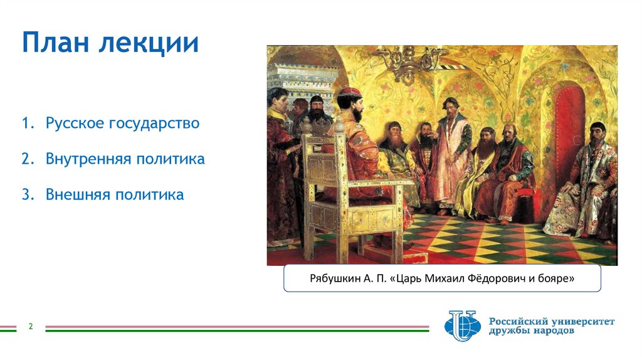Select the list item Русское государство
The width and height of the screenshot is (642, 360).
[122, 123]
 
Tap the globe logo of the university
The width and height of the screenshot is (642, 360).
[462, 326]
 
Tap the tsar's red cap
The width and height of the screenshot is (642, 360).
[350, 92]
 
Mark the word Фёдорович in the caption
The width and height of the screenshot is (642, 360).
[499, 278]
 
